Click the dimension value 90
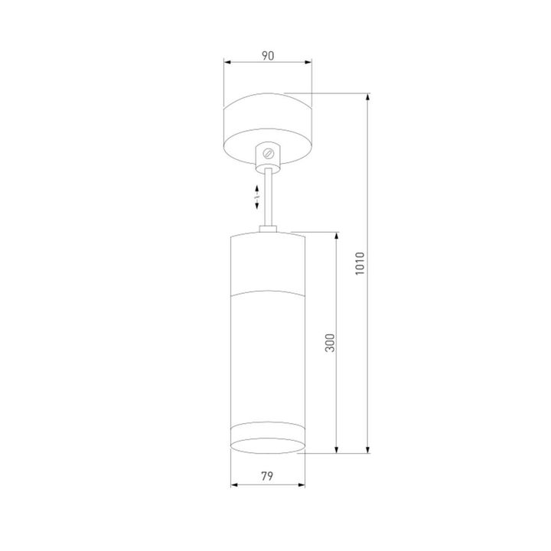click(x=267, y=56)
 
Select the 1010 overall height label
click(x=360, y=265)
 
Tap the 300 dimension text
click(x=328, y=341)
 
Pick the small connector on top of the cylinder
click(x=268, y=227)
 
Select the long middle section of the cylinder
click(x=268, y=356)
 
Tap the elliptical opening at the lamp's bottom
click(x=268, y=447)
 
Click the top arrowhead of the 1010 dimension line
click(x=369, y=97)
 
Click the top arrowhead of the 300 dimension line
click(x=337, y=234)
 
